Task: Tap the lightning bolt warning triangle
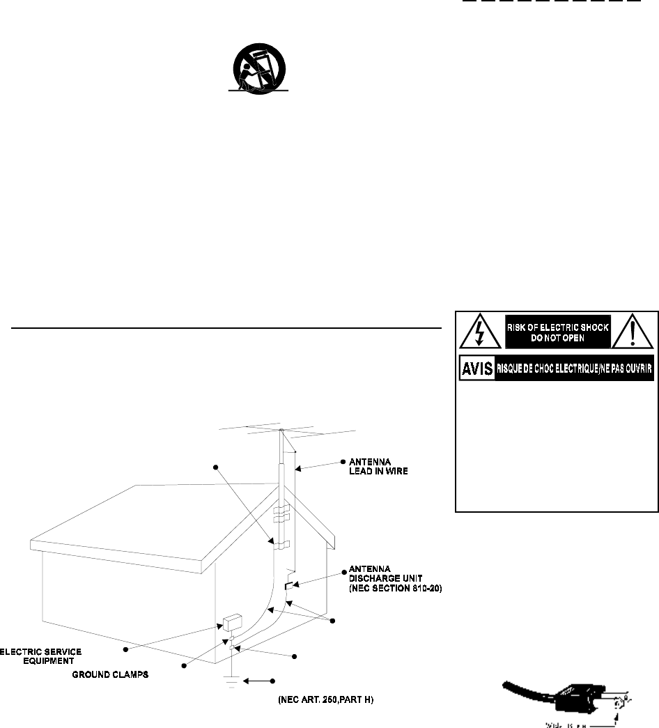[x=480, y=333]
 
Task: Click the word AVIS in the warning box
[x=476, y=369]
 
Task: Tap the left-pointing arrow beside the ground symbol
[x=254, y=681]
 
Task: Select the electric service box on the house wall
[x=231, y=621]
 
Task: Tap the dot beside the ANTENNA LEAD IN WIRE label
[x=342, y=462]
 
